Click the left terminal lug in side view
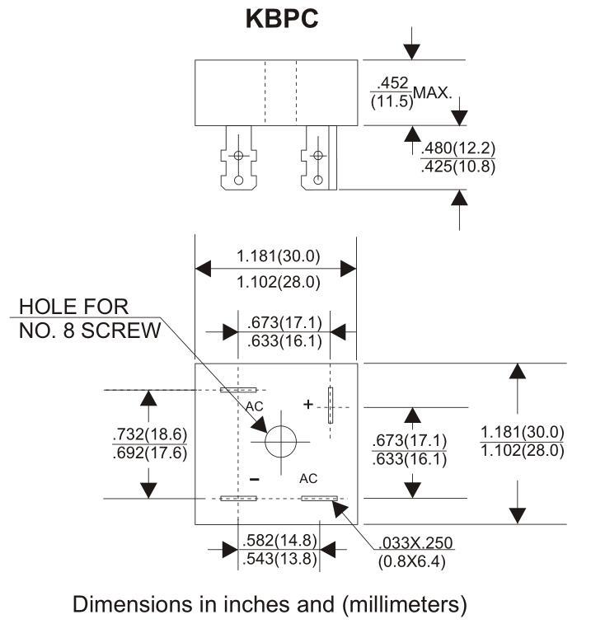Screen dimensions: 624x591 click(238, 157)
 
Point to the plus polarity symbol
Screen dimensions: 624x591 click(308, 404)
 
